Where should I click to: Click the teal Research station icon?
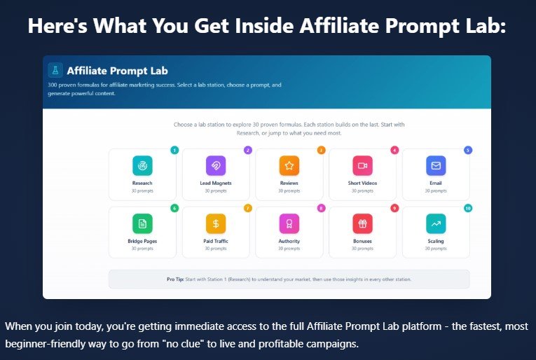click(x=142, y=165)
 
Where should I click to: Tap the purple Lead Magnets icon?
click(x=216, y=165)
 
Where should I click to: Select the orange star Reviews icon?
click(x=289, y=165)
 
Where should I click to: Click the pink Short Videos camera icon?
click(x=362, y=165)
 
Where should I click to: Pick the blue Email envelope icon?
click(x=436, y=165)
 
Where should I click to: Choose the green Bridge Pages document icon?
click(x=142, y=223)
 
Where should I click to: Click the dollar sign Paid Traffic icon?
click(x=216, y=223)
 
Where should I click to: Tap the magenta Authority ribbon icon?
click(x=289, y=223)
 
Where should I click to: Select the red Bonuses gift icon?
click(x=362, y=223)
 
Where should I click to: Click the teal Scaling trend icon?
click(x=436, y=223)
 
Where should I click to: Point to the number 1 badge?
click(x=174, y=150)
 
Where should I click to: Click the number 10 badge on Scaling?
click(x=468, y=208)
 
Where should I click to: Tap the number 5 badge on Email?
click(x=468, y=150)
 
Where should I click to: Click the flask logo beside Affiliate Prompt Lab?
click(x=55, y=70)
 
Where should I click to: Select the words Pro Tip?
click(x=176, y=279)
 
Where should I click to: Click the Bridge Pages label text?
click(x=142, y=242)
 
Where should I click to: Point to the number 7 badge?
click(x=247, y=208)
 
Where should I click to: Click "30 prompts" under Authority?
click(x=289, y=249)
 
